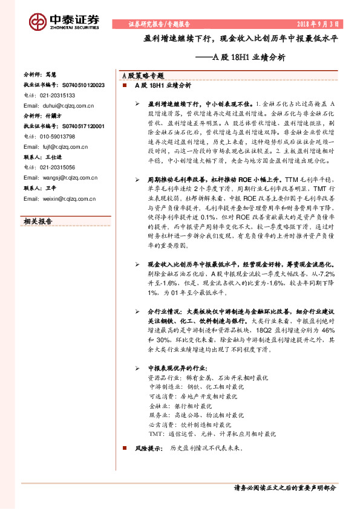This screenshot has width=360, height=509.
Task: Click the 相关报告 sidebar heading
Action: [38, 221]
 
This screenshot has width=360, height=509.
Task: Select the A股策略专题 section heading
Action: [143, 77]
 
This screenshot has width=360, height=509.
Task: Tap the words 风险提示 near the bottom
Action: [149, 449]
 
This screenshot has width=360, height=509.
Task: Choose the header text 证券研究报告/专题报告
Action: [159, 24]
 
